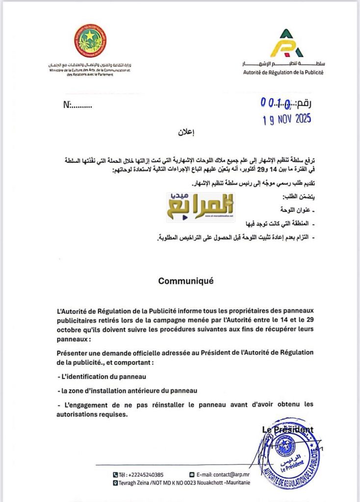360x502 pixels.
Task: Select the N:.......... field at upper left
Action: click(x=77, y=104)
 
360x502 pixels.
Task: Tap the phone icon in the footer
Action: click(x=115, y=475)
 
